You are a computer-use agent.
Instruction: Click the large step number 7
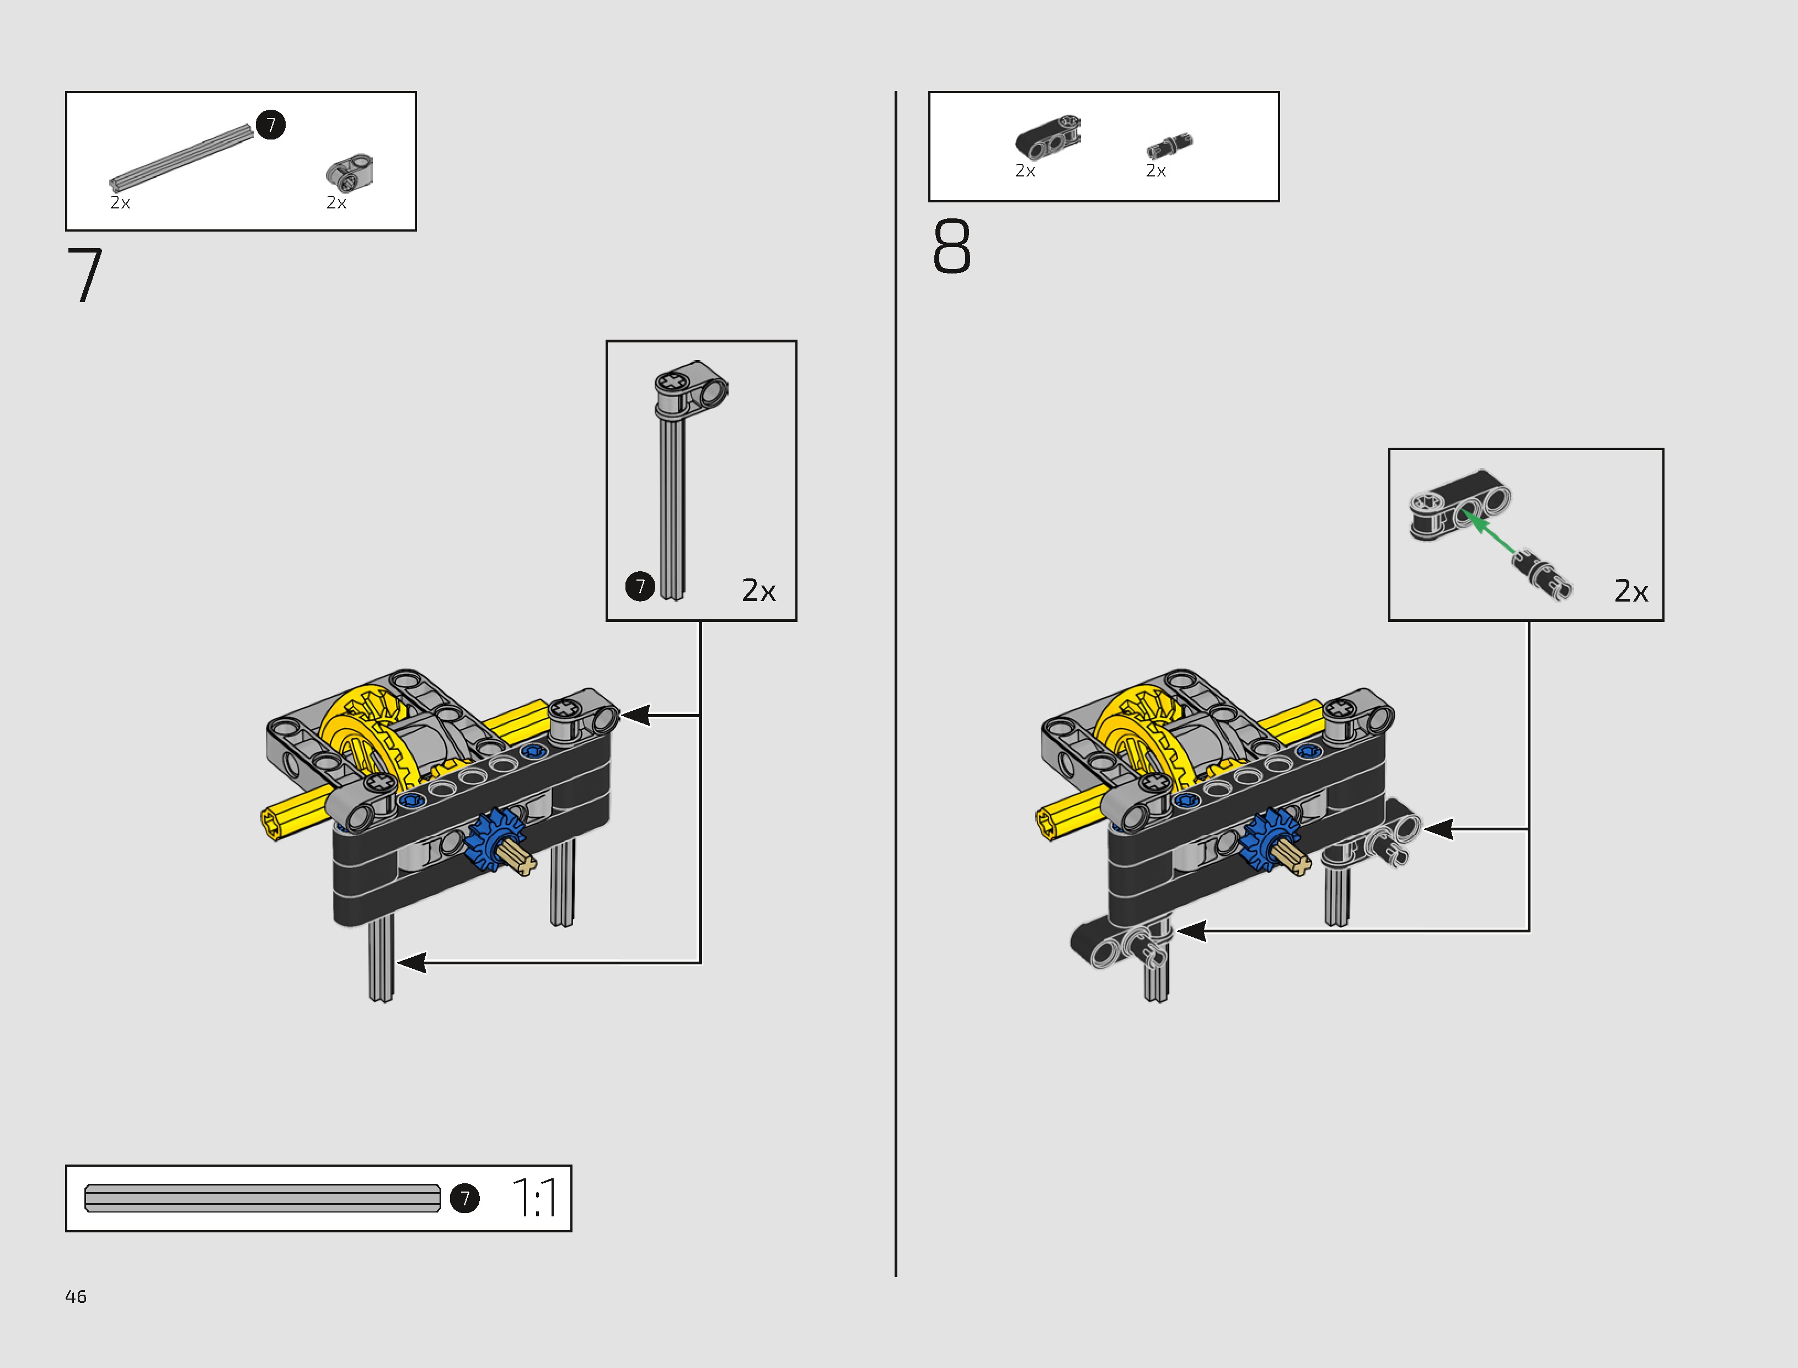coord(85,275)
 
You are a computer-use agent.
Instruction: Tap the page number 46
coord(76,1296)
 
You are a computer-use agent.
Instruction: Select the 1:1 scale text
coord(535,1198)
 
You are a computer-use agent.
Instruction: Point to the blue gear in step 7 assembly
coord(495,839)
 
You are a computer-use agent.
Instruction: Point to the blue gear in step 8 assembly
coord(1270,839)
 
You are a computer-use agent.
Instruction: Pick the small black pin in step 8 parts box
coord(1169,145)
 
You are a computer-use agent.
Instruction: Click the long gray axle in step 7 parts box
coord(181,157)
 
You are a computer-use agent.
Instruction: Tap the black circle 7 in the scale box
coord(465,1198)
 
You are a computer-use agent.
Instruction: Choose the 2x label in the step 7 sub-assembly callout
coord(758,591)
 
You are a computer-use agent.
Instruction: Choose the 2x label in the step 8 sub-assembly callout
coord(1631,591)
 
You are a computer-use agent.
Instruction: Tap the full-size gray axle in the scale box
coord(262,1198)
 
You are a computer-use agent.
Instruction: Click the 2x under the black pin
coord(1155,171)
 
